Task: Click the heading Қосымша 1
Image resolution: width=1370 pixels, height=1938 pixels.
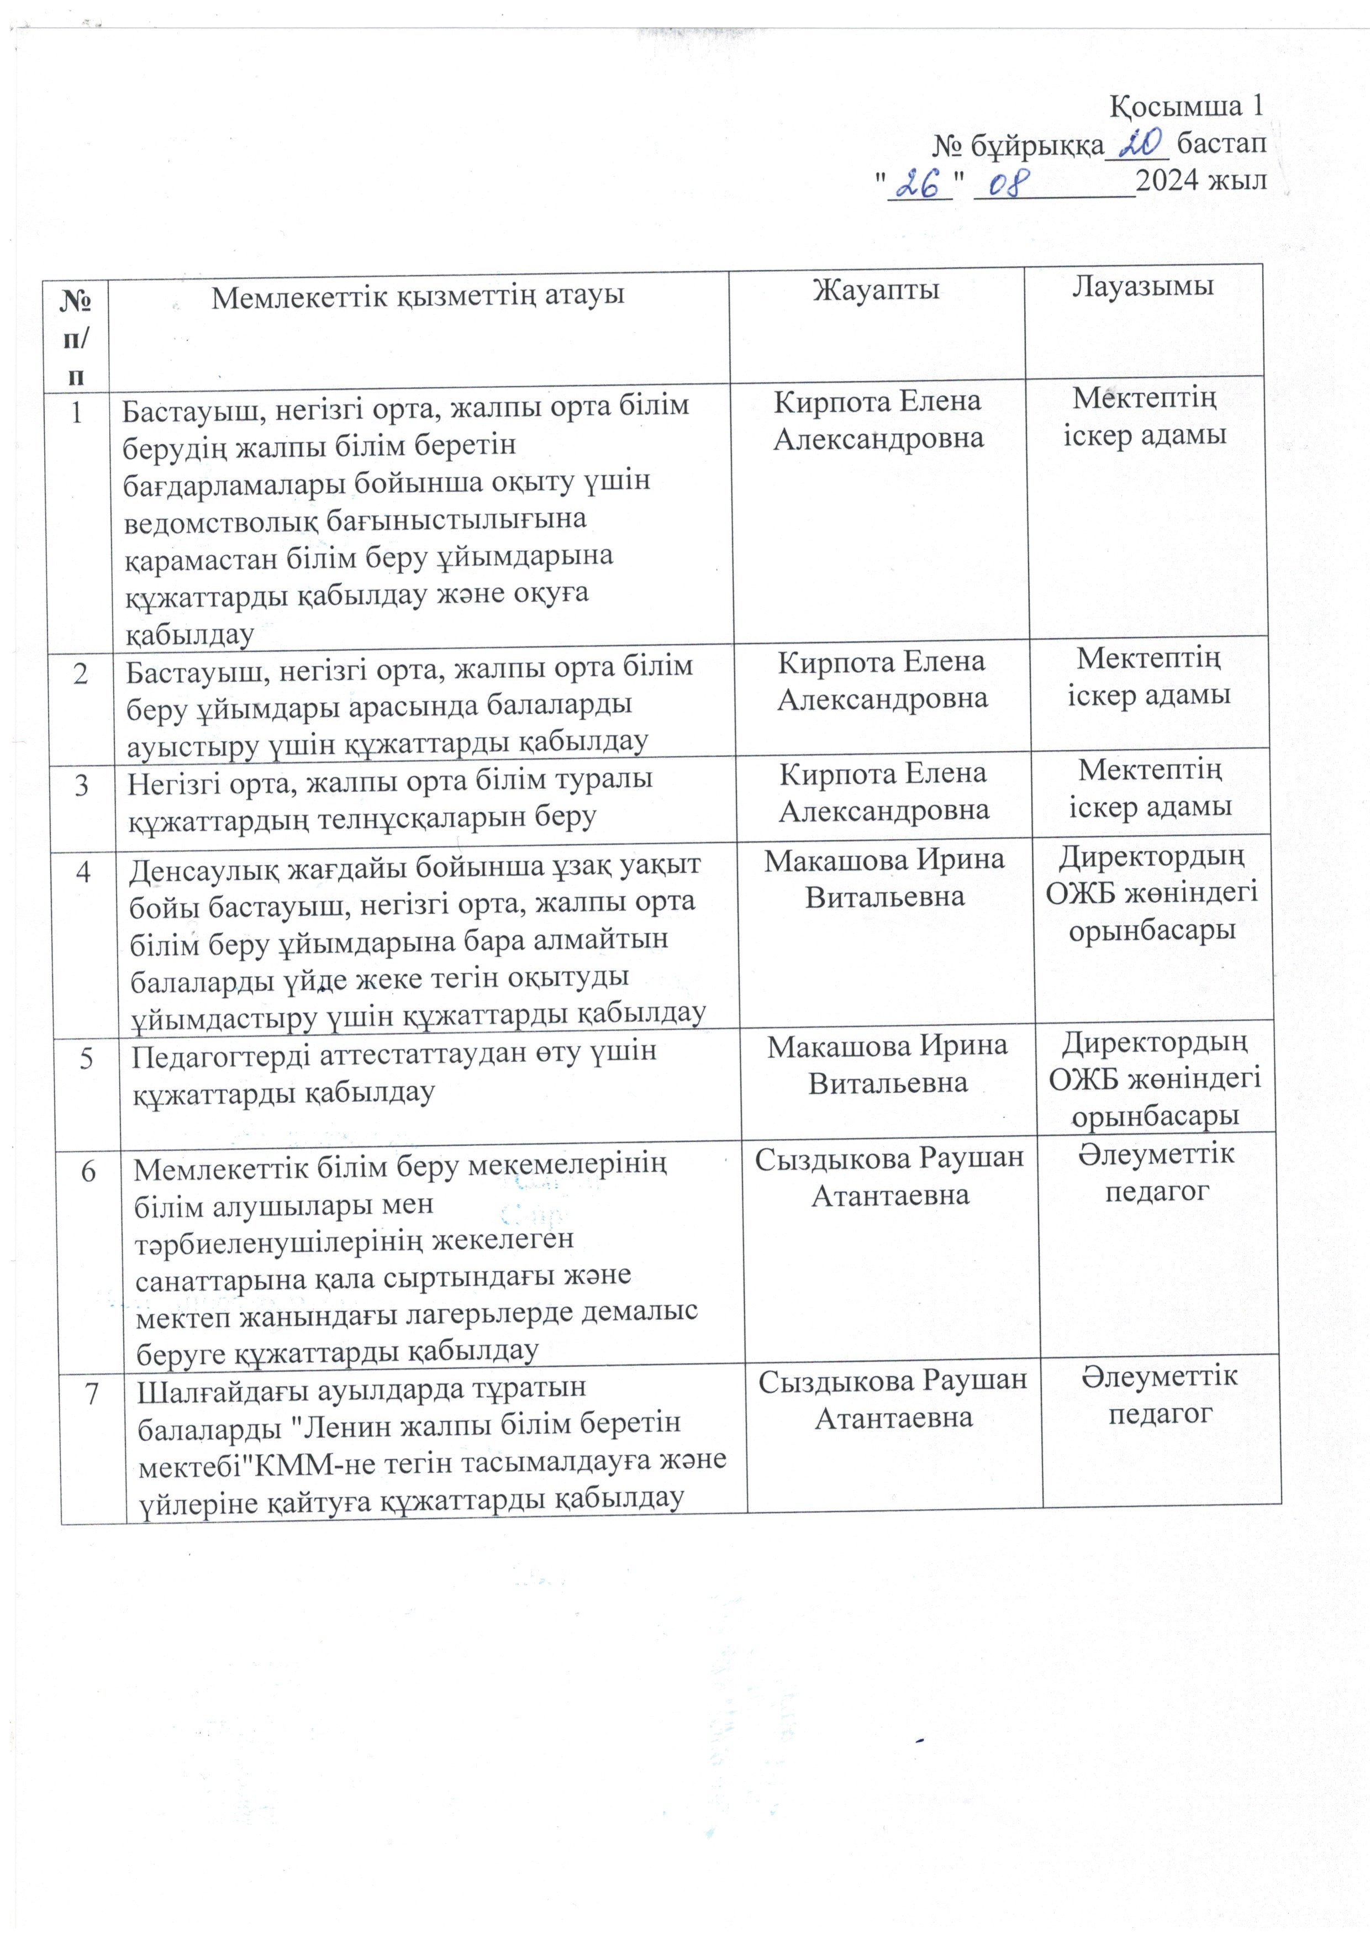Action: [x=1186, y=107]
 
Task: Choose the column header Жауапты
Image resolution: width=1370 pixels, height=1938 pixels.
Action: [x=876, y=289]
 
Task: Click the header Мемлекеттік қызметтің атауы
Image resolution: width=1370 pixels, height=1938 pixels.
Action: [x=417, y=296]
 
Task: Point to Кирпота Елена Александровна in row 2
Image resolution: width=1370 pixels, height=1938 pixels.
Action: [x=882, y=680]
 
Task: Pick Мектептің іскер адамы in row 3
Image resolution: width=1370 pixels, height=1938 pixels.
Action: [x=1150, y=788]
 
